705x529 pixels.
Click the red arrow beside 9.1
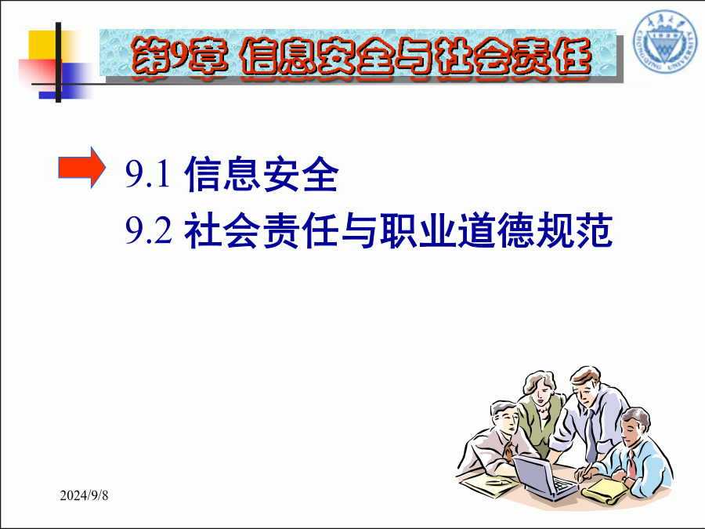81,168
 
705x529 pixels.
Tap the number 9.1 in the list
148,175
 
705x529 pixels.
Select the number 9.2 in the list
148,230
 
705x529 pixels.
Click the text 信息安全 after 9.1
261,174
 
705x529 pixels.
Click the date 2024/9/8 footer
84,495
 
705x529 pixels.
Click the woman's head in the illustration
539,388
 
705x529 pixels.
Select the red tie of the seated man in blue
631,464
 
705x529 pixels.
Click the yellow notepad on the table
606,491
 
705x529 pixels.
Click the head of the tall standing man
586,384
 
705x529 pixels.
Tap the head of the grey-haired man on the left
504,418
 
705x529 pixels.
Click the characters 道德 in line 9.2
496,230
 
